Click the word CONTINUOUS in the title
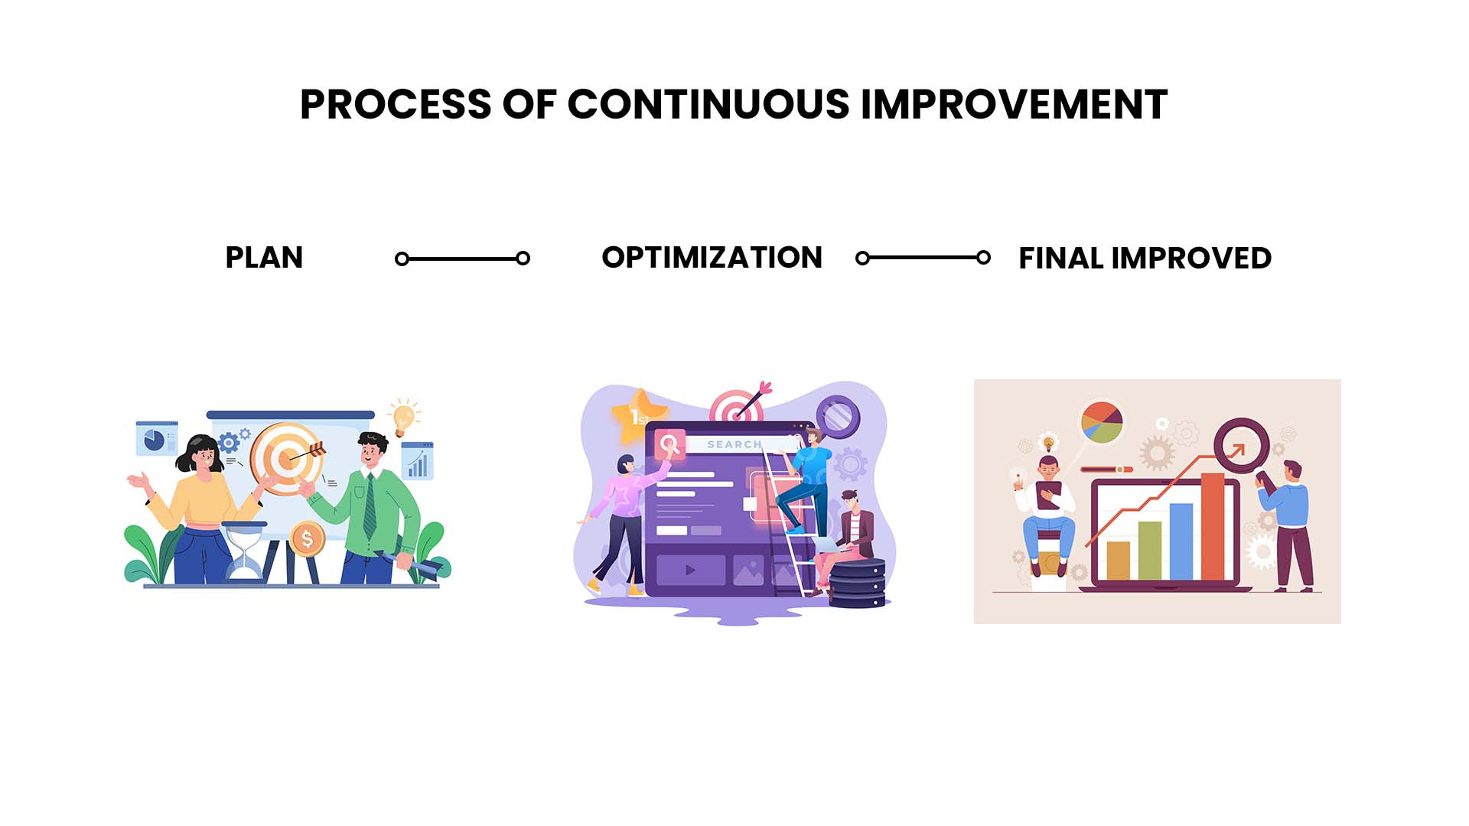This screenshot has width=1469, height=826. tap(708, 105)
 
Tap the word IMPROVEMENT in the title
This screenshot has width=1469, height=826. tap(1015, 105)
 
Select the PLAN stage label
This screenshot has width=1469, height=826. tap(264, 258)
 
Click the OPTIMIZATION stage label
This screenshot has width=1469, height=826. tap(712, 258)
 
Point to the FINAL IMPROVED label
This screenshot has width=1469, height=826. tap(1145, 259)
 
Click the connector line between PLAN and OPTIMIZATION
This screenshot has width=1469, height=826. tap(462, 259)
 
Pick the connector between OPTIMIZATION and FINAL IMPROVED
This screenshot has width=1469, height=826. tap(923, 258)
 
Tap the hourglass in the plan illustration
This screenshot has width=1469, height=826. tap(245, 550)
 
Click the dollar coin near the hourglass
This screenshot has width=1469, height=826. tap(307, 539)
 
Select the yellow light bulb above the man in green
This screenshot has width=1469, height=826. tap(403, 418)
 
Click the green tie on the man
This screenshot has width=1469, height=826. tap(370, 506)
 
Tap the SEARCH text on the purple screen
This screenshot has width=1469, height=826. tap(734, 444)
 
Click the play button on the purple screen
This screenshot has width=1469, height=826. tap(690, 570)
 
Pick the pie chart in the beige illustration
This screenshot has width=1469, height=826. tap(1102, 423)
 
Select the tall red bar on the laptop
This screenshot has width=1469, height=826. tap(1213, 527)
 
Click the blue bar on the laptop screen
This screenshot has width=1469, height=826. tap(1181, 541)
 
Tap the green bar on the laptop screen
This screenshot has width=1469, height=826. tap(1150, 551)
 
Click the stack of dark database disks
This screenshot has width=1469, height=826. tap(858, 583)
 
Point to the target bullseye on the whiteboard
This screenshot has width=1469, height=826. tap(287, 459)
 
